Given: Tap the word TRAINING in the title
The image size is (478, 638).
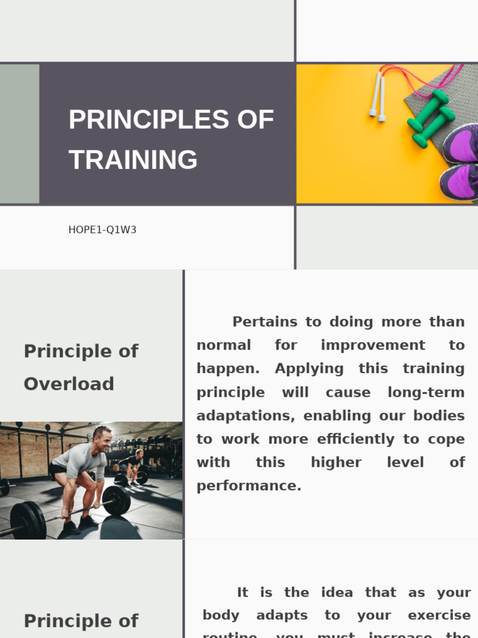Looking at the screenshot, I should (133, 159).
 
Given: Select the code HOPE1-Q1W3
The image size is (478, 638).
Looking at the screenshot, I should (102, 230).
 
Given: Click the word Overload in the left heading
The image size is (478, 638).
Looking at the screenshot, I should (68, 384).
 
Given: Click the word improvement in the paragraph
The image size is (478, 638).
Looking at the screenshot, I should (373, 345).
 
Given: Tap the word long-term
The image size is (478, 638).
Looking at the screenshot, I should (426, 393).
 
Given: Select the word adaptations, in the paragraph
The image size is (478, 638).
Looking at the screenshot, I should (246, 416).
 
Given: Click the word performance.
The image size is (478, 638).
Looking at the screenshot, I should (249, 486).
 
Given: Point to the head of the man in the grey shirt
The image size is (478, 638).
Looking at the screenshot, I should (103, 437).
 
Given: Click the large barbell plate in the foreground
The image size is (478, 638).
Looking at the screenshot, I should (28, 520).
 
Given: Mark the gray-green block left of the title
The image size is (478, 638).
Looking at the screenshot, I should (19, 134).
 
